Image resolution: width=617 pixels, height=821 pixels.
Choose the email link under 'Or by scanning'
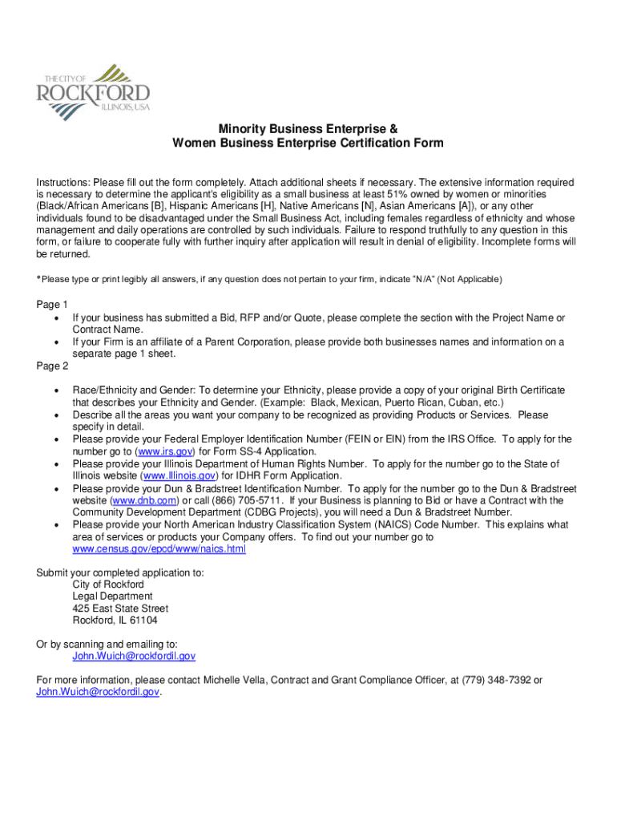(x=134, y=656)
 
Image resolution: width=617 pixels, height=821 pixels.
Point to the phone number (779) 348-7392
(x=496, y=680)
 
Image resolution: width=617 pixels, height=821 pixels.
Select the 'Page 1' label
(x=52, y=305)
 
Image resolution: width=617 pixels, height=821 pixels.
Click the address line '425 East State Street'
(x=120, y=609)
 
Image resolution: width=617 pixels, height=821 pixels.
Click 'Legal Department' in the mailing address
(x=112, y=597)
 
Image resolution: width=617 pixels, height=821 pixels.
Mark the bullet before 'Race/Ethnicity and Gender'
(x=56, y=390)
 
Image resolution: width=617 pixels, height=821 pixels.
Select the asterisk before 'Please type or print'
(x=38, y=279)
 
